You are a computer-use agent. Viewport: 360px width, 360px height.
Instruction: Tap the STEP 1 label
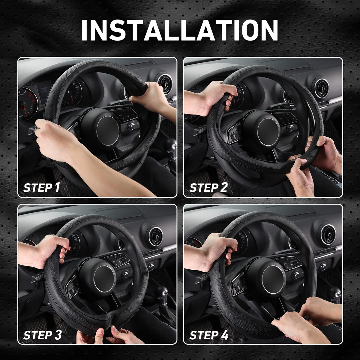tap(41, 187)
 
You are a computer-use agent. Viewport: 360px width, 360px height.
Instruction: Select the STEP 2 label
tap(208, 187)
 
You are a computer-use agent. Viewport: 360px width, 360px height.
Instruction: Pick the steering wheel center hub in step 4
tap(274, 279)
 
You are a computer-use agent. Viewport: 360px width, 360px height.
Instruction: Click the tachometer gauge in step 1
tap(27, 104)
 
